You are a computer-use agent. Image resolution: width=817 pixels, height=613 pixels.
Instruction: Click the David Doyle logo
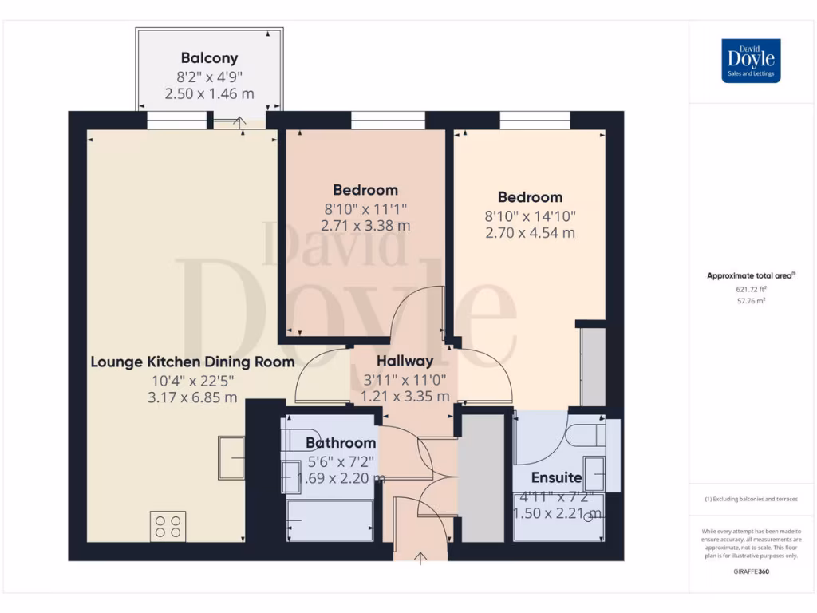click(x=751, y=61)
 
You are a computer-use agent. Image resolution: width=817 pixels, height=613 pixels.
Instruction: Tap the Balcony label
click(x=209, y=58)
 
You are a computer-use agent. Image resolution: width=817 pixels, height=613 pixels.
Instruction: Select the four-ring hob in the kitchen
click(x=168, y=526)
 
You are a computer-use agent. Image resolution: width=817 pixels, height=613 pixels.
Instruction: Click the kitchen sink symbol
click(x=231, y=458)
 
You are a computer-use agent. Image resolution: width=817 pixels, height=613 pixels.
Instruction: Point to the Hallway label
click(x=405, y=361)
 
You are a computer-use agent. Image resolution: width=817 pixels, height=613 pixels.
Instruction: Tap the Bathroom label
click(x=341, y=443)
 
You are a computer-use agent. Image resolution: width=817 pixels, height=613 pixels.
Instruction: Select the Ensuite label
click(x=557, y=479)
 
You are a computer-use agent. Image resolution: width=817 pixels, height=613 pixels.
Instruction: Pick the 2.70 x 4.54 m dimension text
click(x=530, y=233)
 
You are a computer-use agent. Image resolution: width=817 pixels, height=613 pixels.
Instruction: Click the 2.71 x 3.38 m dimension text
click(x=365, y=226)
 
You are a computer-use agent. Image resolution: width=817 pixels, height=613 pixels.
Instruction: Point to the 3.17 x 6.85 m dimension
click(x=191, y=397)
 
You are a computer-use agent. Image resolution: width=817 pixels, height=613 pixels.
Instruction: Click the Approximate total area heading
click(x=750, y=275)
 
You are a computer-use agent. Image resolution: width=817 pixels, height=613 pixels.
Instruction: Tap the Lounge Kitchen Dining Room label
click(x=192, y=362)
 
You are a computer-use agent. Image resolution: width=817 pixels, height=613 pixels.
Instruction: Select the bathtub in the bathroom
click(x=329, y=520)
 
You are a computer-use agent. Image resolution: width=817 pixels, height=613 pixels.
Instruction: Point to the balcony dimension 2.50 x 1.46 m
click(x=209, y=93)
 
